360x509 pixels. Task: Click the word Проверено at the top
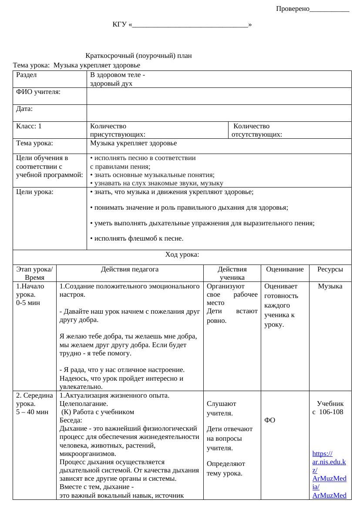[293, 9]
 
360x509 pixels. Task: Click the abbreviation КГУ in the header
[120, 24]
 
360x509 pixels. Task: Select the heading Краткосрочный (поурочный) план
[138, 56]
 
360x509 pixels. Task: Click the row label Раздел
[27, 75]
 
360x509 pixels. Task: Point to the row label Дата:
[24, 109]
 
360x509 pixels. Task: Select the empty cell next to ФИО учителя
[219, 96]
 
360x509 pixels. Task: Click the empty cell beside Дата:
[219, 113]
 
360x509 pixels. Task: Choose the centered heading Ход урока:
[182, 254]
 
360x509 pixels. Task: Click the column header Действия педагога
[130, 269]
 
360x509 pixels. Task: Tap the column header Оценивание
[285, 269]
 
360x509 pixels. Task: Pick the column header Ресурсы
[330, 269]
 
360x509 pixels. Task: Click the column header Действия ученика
[232, 273]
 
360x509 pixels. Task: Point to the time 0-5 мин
[27, 303]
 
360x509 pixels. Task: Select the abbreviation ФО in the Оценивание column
[269, 420]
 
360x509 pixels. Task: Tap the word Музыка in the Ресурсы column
[330, 286]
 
